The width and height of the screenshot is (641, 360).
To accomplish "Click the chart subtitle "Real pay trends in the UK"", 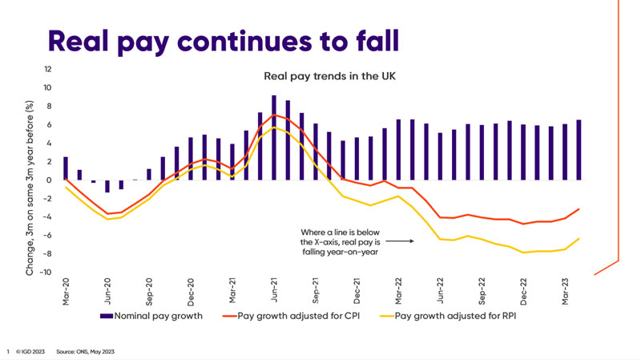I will [x=330, y=77].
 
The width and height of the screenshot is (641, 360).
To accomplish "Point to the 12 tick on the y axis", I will [x=48, y=70].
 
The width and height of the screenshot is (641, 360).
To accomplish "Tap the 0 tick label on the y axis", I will [x=50, y=180].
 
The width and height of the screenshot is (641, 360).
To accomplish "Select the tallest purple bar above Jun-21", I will [x=274, y=137].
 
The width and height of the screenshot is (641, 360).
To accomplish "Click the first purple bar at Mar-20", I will [x=66, y=168].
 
